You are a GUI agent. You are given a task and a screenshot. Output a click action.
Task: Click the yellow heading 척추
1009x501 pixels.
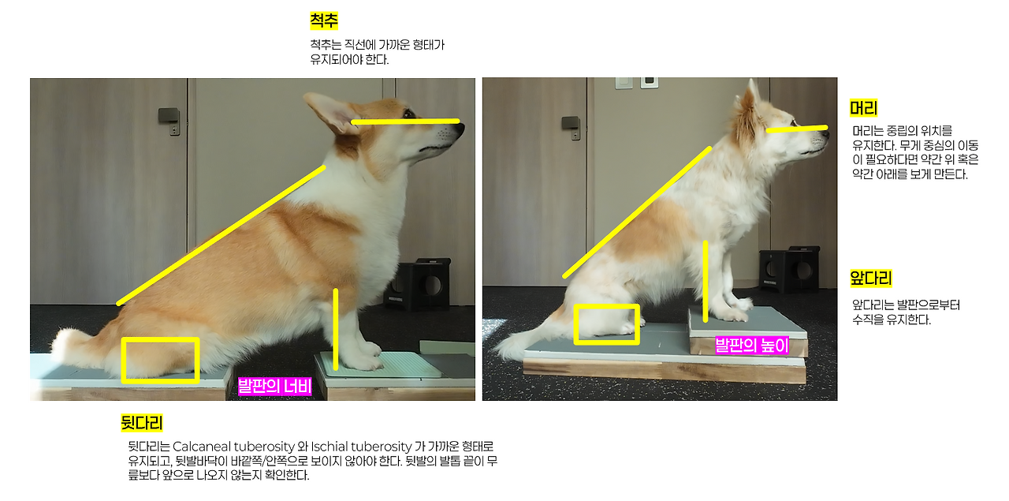pos(324,21)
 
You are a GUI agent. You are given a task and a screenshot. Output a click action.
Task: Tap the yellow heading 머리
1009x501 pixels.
pos(863,108)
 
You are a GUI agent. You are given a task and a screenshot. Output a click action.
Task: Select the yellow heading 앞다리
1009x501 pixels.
pos(871,279)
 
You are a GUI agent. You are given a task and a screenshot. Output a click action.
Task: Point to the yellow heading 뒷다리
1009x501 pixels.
pos(141,423)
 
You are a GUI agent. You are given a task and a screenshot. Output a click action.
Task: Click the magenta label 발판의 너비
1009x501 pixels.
pos(274,387)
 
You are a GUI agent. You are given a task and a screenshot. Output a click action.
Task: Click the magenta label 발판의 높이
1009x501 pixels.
pos(752,346)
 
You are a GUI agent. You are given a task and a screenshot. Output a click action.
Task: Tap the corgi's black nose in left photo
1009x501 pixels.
pos(459,129)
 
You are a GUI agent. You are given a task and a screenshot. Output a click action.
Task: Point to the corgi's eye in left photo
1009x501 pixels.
pos(409,113)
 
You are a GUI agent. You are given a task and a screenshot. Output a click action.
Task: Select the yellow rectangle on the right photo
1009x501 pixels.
pos(575,325)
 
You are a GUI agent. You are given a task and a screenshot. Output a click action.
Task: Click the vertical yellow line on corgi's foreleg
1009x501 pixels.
pos(336,329)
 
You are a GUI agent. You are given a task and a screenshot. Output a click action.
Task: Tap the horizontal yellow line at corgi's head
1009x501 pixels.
pos(405,122)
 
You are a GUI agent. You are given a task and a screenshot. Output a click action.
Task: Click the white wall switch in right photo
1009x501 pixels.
pos(624,83)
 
